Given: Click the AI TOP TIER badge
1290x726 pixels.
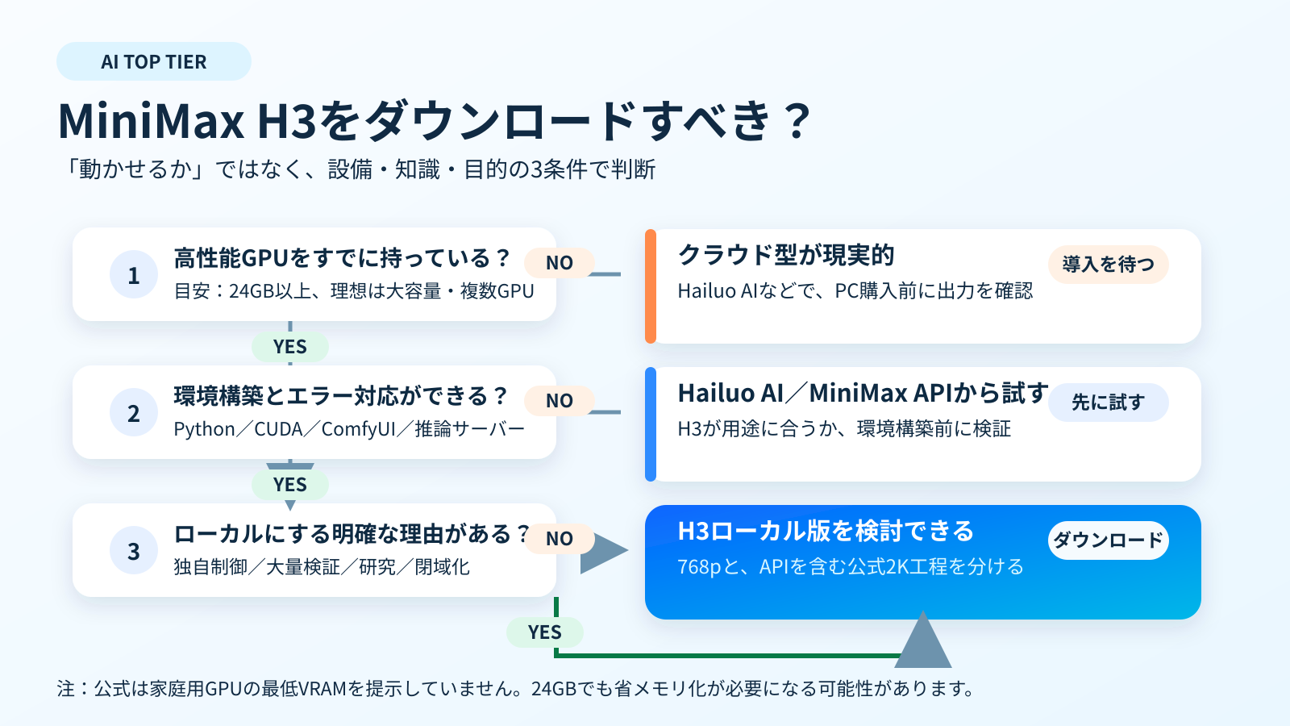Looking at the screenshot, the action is click(154, 61).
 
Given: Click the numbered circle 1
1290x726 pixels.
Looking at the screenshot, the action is click(134, 275).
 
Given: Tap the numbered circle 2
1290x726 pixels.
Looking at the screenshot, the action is click(134, 412).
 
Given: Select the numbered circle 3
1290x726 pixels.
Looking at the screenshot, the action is click(134, 551).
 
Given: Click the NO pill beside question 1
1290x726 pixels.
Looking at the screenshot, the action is click(560, 263).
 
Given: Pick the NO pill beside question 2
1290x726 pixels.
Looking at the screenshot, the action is click(560, 400).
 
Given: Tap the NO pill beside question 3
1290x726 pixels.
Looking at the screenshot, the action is click(560, 539).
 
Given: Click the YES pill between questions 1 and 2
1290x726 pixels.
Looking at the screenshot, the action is click(290, 347).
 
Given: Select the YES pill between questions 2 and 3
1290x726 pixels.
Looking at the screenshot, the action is click(290, 485).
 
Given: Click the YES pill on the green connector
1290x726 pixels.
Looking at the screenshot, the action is click(545, 632).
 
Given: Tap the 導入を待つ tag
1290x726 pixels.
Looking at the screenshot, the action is click(1109, 265).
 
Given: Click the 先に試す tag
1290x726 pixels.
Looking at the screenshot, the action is click(1109, 403).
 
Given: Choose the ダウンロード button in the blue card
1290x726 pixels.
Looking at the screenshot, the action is click(1109, 540).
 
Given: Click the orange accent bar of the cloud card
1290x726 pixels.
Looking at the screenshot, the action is click(651, 286).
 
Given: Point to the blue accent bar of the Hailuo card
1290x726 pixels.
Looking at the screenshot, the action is click(651, 424).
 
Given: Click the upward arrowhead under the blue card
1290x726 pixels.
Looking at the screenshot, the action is click(923, 640).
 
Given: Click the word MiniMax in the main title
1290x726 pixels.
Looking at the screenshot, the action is click(151, 121).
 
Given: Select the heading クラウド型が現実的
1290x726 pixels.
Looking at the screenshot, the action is click(786, 255).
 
